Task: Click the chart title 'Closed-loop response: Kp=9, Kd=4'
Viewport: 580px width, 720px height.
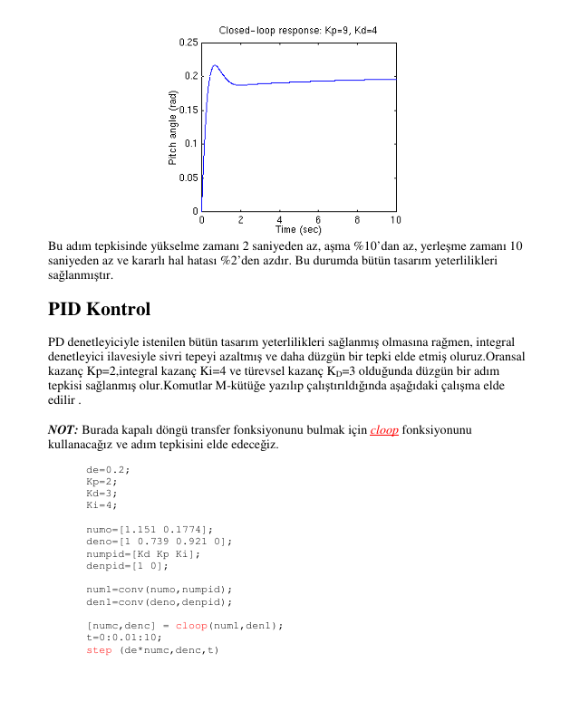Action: click(298, 31)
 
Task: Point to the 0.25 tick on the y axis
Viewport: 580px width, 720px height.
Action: click(188, 43)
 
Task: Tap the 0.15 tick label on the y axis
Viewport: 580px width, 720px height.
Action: click(188, 110)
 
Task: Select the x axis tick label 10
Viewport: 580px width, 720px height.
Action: click(395, 220)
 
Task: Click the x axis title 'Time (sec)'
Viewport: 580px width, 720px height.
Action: click(298, 230)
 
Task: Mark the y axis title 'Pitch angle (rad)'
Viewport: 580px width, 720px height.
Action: click(172, 127)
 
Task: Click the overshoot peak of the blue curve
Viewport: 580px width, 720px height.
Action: click(215, 65)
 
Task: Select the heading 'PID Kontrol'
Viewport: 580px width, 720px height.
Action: click(99, 310)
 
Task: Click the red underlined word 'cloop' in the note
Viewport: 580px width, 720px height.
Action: click(384, 430)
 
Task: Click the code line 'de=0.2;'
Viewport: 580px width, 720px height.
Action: click(108, 469)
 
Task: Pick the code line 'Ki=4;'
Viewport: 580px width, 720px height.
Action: click(101, 505)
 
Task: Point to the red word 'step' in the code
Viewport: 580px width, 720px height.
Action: click(99, 649)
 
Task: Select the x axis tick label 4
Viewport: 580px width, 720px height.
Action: click(279, 220)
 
